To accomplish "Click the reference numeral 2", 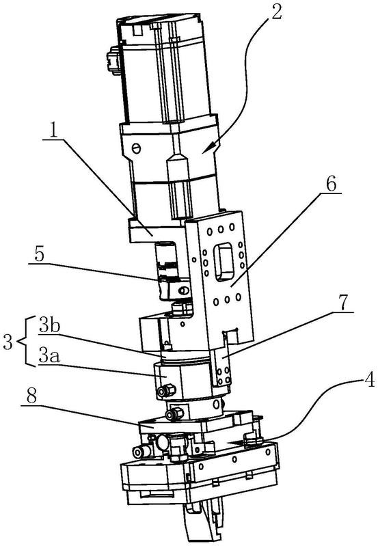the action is pos(276,12).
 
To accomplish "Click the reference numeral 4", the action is pos(370,380).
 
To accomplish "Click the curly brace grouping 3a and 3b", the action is pos(22,342).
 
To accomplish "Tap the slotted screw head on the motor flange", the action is pos(137,148).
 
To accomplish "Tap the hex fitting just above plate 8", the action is pos(174,413).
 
